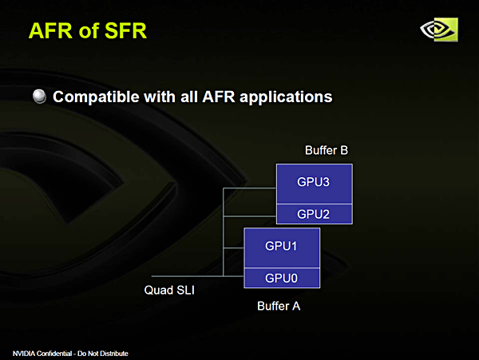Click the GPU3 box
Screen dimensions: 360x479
(x=313, y=183)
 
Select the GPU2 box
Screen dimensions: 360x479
(x=313, y=214)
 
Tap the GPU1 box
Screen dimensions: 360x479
(x=281, y=247)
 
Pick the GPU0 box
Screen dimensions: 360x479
(x=281, y=278)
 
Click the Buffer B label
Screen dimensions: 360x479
(x=327, y=150)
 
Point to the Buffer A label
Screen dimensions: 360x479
(x=278, y=306)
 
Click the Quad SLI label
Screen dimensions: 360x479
(x=169, y=290)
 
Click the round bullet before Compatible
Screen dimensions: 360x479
(x=40, y=97)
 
